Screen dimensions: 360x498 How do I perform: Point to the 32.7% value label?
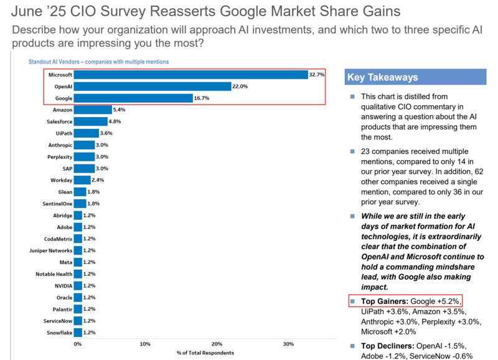click(317, 75)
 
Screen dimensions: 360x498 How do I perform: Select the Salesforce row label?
click(60, 121)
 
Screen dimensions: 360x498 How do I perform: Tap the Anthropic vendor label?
click(60, 145)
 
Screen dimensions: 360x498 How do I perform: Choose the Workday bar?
click(82, 180)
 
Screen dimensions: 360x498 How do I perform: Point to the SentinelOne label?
click(58, 204)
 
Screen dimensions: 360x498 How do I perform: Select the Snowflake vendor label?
click(59, 333)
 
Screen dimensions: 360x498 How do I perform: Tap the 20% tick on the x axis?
click(217, 344)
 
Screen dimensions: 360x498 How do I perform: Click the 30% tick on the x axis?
click(288, 344)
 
